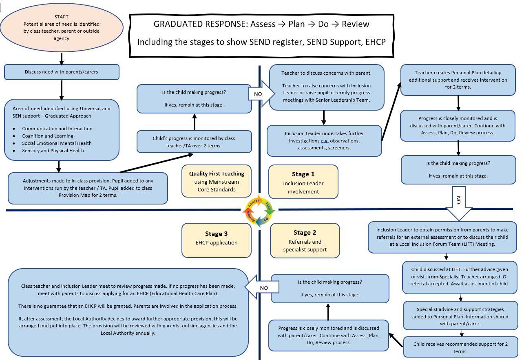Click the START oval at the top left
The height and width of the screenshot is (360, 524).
(62, 27)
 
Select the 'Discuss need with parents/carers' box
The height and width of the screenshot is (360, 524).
(62, 72)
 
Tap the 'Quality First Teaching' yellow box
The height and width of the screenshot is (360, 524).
(217, 181)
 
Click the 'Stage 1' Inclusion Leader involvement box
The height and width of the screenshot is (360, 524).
(303, 182)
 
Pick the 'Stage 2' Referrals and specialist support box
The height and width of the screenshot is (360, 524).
(305, 241)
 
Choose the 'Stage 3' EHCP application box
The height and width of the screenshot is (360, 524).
(217, 240)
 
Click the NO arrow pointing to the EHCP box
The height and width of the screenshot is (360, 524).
(263, 287)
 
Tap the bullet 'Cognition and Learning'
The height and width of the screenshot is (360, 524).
(48, 136)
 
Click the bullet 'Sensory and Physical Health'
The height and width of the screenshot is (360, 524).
(53, 151)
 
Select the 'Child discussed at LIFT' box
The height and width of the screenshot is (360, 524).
(460, 277)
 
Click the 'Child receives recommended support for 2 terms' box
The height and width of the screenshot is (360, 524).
(460, 347)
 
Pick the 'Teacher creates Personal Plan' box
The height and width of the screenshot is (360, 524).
(458, 80)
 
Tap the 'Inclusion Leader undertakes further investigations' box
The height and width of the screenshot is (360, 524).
(324, 140)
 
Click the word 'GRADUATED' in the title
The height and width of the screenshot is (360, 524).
(179, 24)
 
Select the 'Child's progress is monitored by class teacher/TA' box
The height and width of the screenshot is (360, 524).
(194, 142)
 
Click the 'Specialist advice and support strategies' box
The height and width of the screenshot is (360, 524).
(460, 316)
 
